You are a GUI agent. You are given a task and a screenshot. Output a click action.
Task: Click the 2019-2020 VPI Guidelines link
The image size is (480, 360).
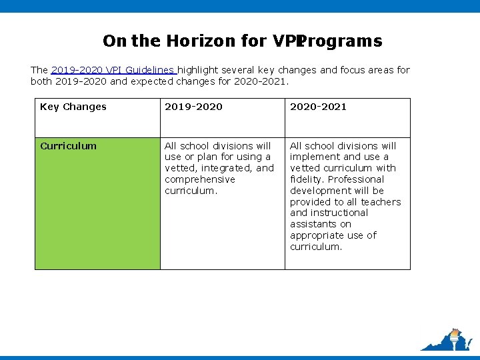coord(113,70)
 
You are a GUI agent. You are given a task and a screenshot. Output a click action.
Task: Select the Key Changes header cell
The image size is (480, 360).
coord(73,107)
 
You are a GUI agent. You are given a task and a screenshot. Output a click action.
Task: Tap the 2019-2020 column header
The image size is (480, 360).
coord(193,107)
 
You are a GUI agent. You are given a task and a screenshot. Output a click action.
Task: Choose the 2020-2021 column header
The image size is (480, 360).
coord(318,107)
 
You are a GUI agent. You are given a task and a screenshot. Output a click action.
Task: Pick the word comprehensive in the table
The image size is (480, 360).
coord(200,179)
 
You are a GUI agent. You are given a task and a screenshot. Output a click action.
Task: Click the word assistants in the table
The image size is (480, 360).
coord(311,224)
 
